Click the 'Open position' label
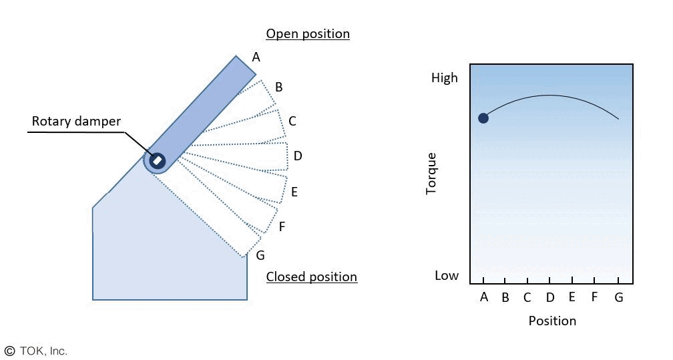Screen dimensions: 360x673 click(x=308, y=33)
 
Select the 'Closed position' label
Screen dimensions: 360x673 click(x=312, y=277)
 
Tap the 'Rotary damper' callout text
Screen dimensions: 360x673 click(x=77, y=122)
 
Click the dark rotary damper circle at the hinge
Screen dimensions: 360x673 click(x=157, y=160)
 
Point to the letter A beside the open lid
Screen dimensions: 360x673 click(x=256, y=57)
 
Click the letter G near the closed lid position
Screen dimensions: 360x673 click(x=260, y=255)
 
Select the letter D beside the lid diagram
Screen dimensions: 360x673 click(x=298, y=156)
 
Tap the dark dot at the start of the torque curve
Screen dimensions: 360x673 click(x=483, y=118)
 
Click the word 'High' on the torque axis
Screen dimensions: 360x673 click(x=445, y=78)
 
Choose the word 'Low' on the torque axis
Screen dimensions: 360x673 click(x=447, y=276)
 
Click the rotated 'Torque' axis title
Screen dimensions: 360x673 click(x=431, y=174)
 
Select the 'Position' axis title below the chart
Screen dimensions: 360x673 click(x=552, y=321)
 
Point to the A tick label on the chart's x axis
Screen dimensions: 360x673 click(x=484, y=297)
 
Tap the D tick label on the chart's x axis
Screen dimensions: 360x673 click(x=549, y=297)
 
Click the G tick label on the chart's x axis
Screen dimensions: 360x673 click(x=618, y=298)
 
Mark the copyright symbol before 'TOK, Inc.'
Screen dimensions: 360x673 click(x=9, y=351)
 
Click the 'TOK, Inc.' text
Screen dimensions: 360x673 click(x=43, y=351)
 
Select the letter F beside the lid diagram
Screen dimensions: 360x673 click(x=282, y=227)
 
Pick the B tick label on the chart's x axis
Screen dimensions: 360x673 click(x=505, y=298)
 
